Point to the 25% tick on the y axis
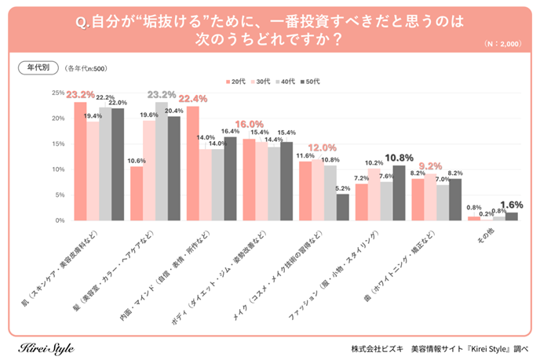coord(58,93)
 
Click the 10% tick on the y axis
coord(58,169)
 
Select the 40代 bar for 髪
coord(161,162)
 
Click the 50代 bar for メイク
coord(342,207)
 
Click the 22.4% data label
coord(193,99)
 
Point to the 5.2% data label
coord(342,188)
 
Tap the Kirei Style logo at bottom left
coord(46,346)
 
